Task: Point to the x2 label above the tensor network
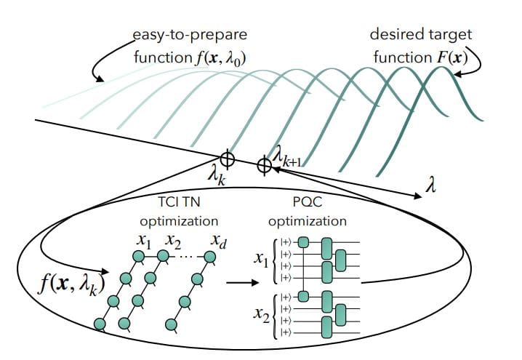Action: point(174,241)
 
